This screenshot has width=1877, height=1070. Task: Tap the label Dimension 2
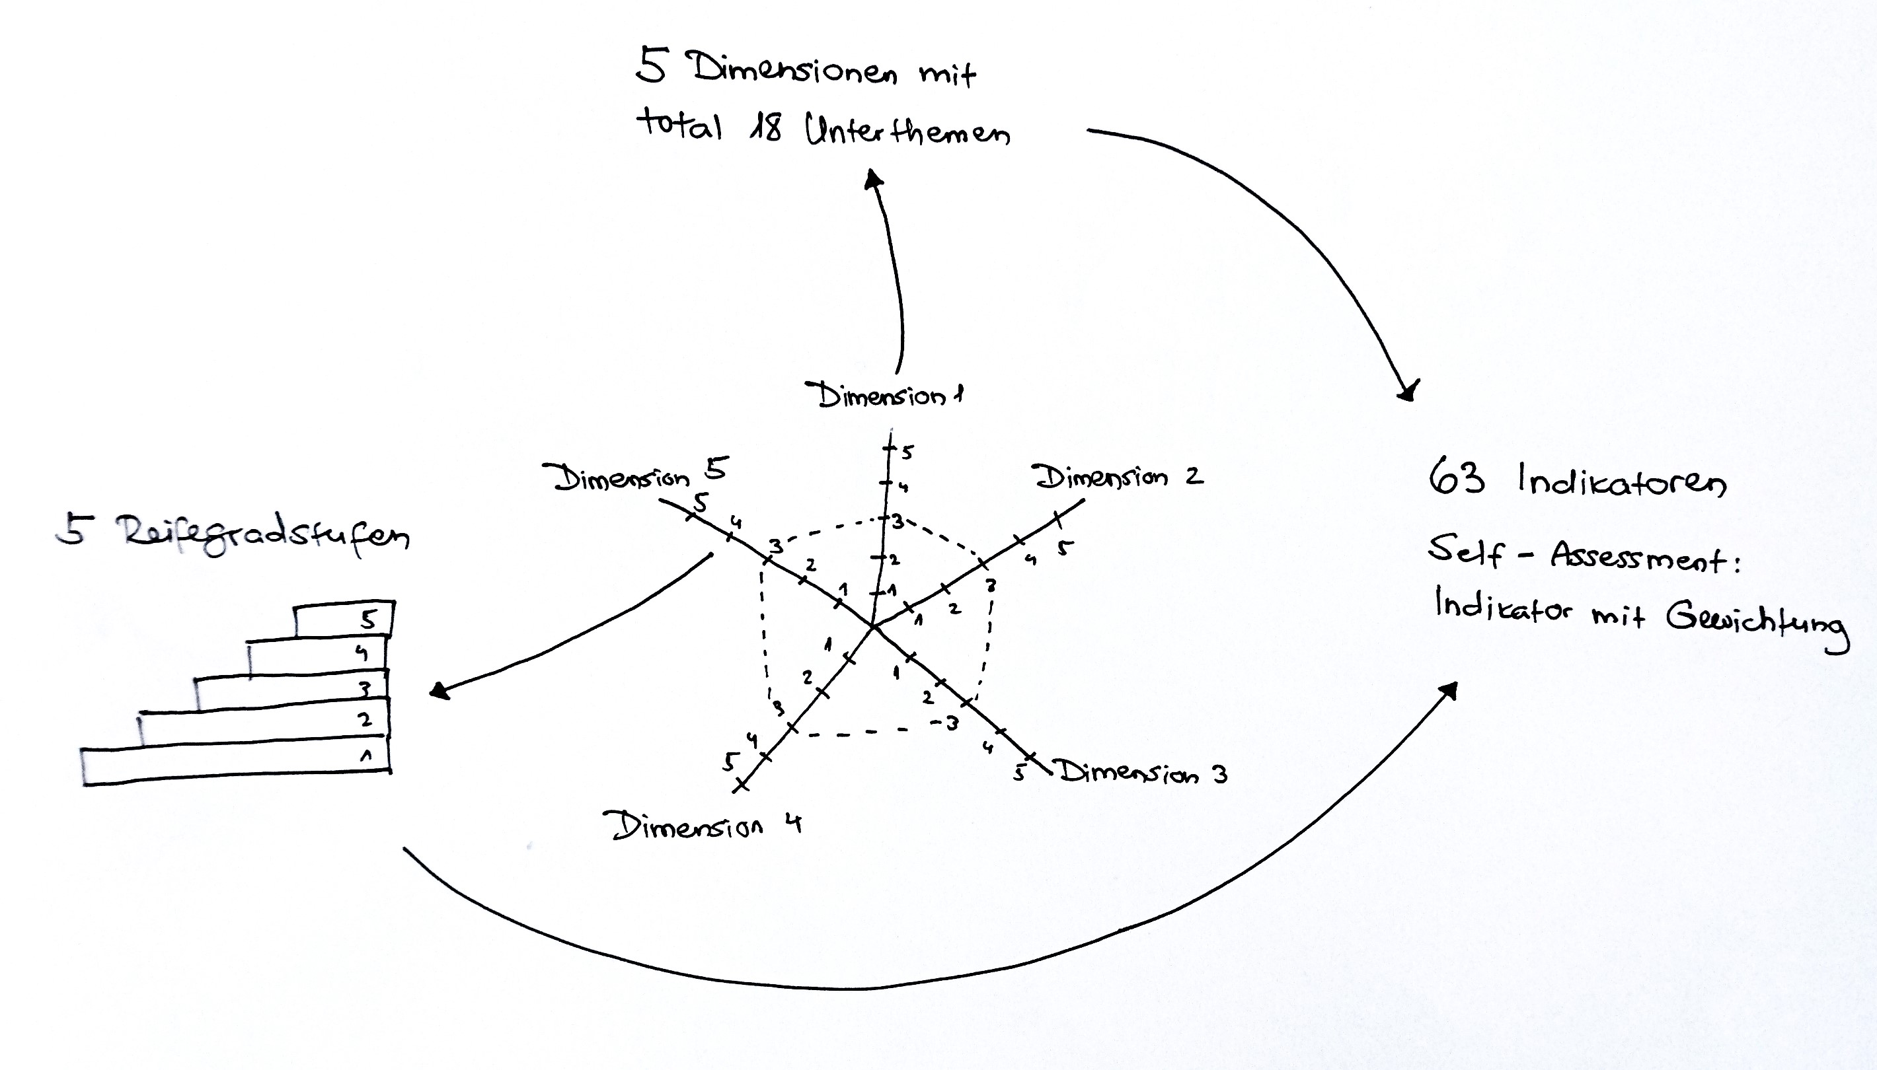pyautogui.click(x=1119, y=477)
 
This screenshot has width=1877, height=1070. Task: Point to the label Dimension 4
pyautogui.click(x=702, y=825)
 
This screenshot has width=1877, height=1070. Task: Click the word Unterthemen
pyautogui.click(x=907, y=130)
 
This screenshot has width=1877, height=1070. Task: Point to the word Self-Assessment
pyautogui.click(x=1584, y=554)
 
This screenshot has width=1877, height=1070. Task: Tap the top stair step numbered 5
pyautogui.click(x=344, y=620)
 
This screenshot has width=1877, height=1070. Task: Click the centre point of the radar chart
pyautogui.click(x=872, y=627)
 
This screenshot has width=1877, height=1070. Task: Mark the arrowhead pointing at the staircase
pyautogui.click(x=439, y=691)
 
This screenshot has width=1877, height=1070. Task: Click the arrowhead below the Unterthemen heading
pyautogui.click(x=874, y=178)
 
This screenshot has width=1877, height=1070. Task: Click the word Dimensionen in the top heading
pyautogui.click(x=793, y=70)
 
